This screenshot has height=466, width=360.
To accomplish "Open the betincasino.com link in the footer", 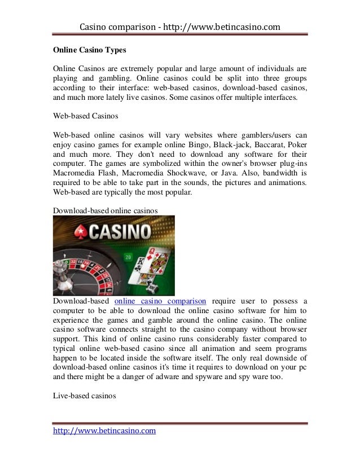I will [104, 432].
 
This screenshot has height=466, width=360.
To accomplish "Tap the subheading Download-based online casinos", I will [105, 210].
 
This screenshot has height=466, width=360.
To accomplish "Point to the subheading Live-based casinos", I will [84, 397].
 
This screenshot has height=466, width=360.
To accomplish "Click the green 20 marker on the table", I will [128, 257].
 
